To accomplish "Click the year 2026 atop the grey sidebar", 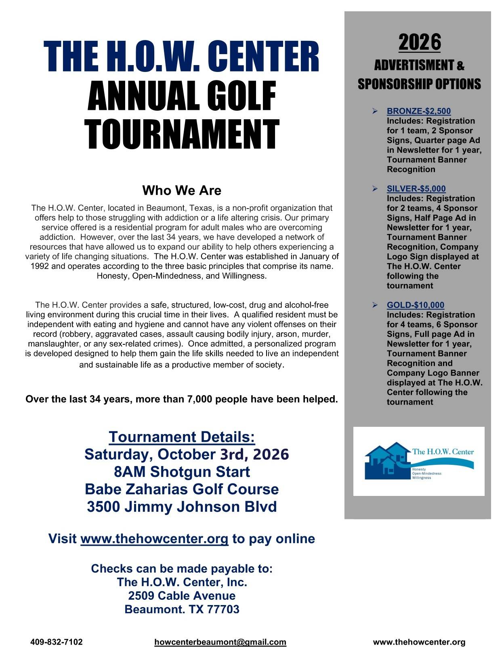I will (420, 42).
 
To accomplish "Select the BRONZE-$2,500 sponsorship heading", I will (418, 111).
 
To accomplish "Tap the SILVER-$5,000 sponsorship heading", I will (416, 189).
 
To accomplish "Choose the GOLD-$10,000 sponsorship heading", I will (415, 305).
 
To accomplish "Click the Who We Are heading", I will (182, 190).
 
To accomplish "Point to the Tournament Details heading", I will (182, 437).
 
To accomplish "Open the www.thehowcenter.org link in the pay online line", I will (155, 539).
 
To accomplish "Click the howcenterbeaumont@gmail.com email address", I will (220, 642).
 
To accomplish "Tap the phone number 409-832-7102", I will (57, 642).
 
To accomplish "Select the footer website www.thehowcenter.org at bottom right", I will (419, 642).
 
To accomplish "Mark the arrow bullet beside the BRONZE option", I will (375, 111).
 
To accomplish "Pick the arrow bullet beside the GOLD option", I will (375, 305).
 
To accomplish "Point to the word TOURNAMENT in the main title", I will (182, 134).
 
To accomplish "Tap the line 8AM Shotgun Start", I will (182, 472).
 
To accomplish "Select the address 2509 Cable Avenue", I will (182, 596).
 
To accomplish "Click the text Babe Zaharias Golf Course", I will (182, 489).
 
